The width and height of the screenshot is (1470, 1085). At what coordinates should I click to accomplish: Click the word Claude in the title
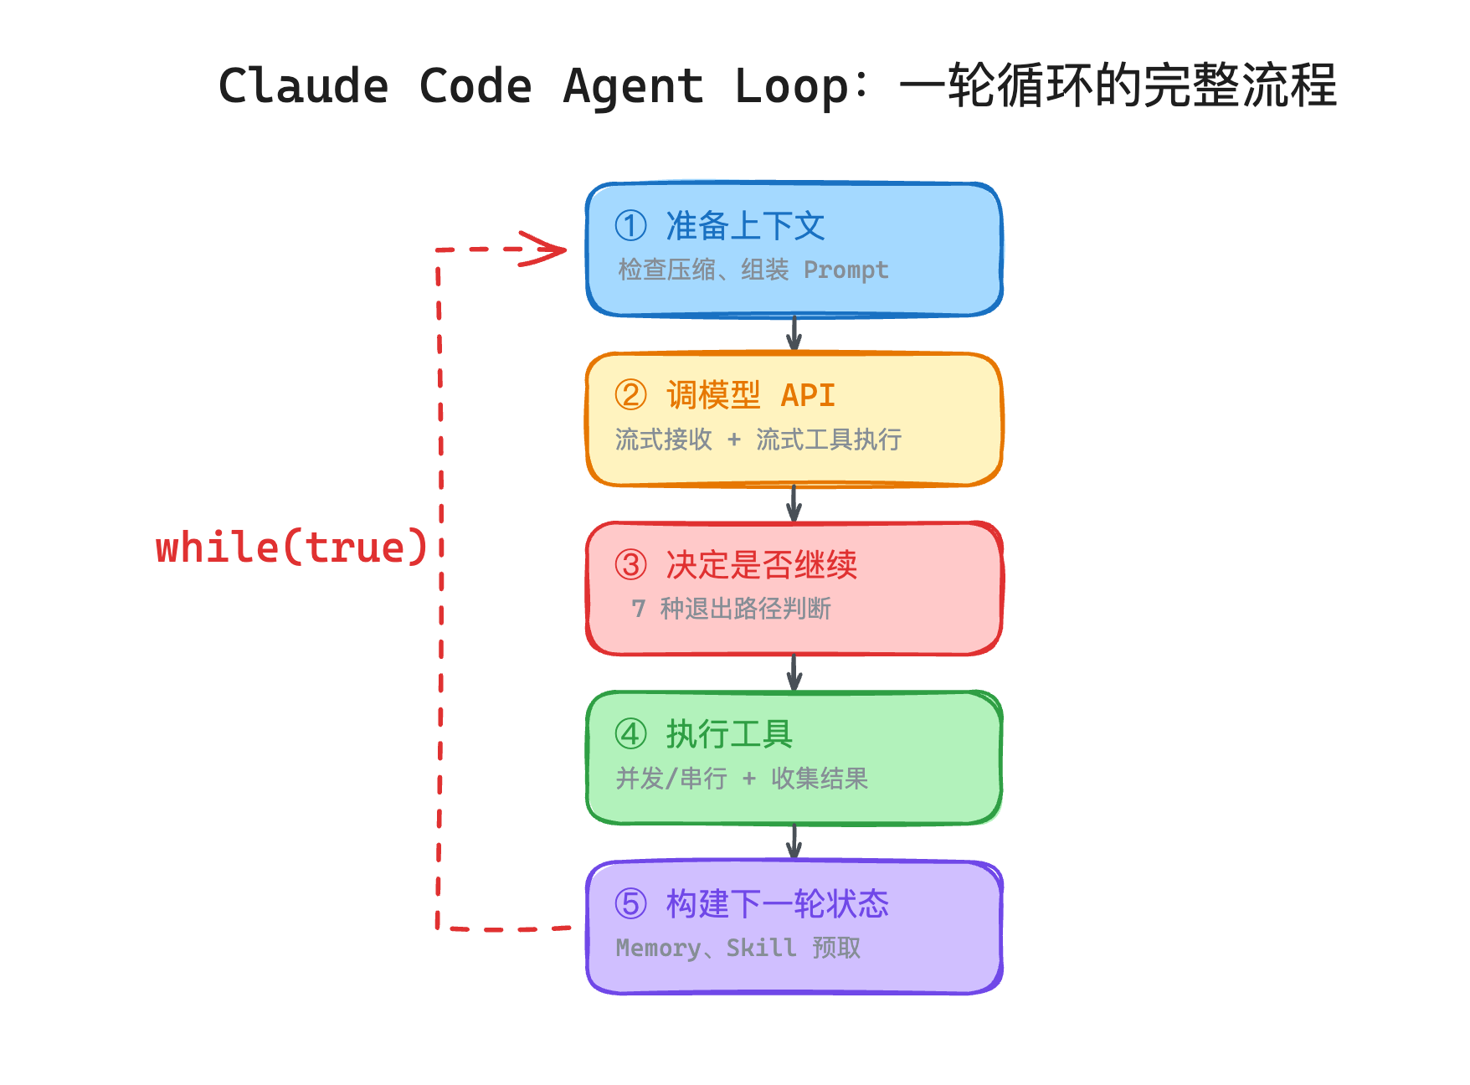(303, 86)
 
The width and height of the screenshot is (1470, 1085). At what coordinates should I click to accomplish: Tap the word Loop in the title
(791, 86)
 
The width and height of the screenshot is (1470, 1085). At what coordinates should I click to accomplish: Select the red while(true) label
(291, 548)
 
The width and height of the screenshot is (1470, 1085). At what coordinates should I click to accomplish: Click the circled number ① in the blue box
(630, 225)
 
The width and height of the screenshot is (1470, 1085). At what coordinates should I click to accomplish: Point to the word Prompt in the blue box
(846, 270)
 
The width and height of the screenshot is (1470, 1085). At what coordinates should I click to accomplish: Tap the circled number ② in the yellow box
(630, 395)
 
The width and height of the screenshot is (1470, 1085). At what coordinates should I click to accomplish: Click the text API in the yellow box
(808, 395)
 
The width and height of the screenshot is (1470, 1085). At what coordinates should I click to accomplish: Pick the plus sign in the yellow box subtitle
(734, 440)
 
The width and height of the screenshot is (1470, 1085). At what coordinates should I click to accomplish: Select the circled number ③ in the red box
(630, 565)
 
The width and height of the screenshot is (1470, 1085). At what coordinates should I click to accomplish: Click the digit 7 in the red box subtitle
(639, 609)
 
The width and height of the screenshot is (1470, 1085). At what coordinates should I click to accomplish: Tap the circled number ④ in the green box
(630, 734)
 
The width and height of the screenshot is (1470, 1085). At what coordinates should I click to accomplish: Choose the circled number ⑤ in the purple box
(630, 904)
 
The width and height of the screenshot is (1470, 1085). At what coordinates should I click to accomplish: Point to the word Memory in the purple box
(658, 948)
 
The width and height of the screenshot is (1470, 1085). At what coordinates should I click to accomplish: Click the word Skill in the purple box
(761, 948)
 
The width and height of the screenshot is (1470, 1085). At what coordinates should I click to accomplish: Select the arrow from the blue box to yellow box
(794, 334)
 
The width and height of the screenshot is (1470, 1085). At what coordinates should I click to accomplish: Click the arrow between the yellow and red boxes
(794, 503)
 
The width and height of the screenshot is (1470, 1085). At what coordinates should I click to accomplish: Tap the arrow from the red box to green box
(794, 673)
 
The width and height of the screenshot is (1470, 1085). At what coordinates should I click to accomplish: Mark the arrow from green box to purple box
(794, 842)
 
